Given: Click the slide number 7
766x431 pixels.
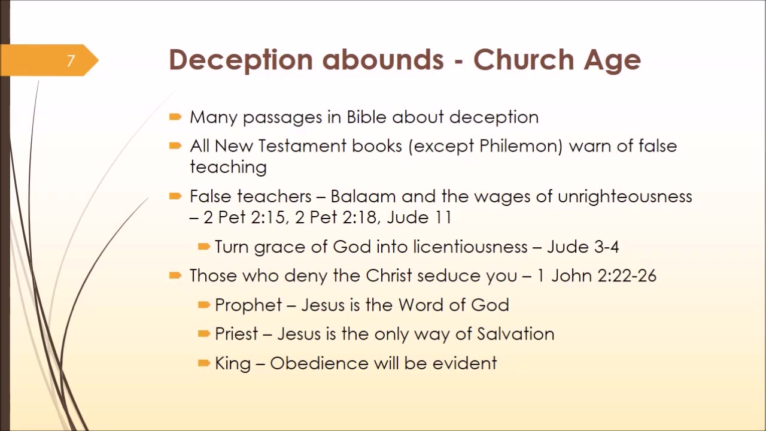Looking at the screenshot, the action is (71, 61).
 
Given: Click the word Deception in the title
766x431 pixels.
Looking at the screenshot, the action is (241, 60).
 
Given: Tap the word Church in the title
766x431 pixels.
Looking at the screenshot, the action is (524, 59).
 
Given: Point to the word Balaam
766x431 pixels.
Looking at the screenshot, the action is (363, 196).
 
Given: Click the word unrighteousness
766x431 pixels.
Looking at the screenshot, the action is (625, 197).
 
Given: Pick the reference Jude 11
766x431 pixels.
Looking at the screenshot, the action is (420, 217).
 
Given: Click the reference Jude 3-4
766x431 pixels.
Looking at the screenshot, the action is (583, 247).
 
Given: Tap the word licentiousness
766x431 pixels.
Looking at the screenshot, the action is (470, 247).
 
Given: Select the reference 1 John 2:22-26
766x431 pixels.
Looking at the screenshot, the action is (597, 276).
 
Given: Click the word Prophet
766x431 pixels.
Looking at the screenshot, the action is (248, 305).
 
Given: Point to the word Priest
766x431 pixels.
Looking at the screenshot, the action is (236, 334).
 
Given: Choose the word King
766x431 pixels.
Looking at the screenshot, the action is (233, 363).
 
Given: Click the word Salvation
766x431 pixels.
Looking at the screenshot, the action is (516, 334).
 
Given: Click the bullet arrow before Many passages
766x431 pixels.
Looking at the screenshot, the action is (175, 117).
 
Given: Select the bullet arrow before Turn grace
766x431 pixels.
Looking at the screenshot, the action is (204, 247).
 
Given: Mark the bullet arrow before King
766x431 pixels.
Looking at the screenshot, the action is (204, 363).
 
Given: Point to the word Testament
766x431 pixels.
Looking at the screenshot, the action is (302, 146).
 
